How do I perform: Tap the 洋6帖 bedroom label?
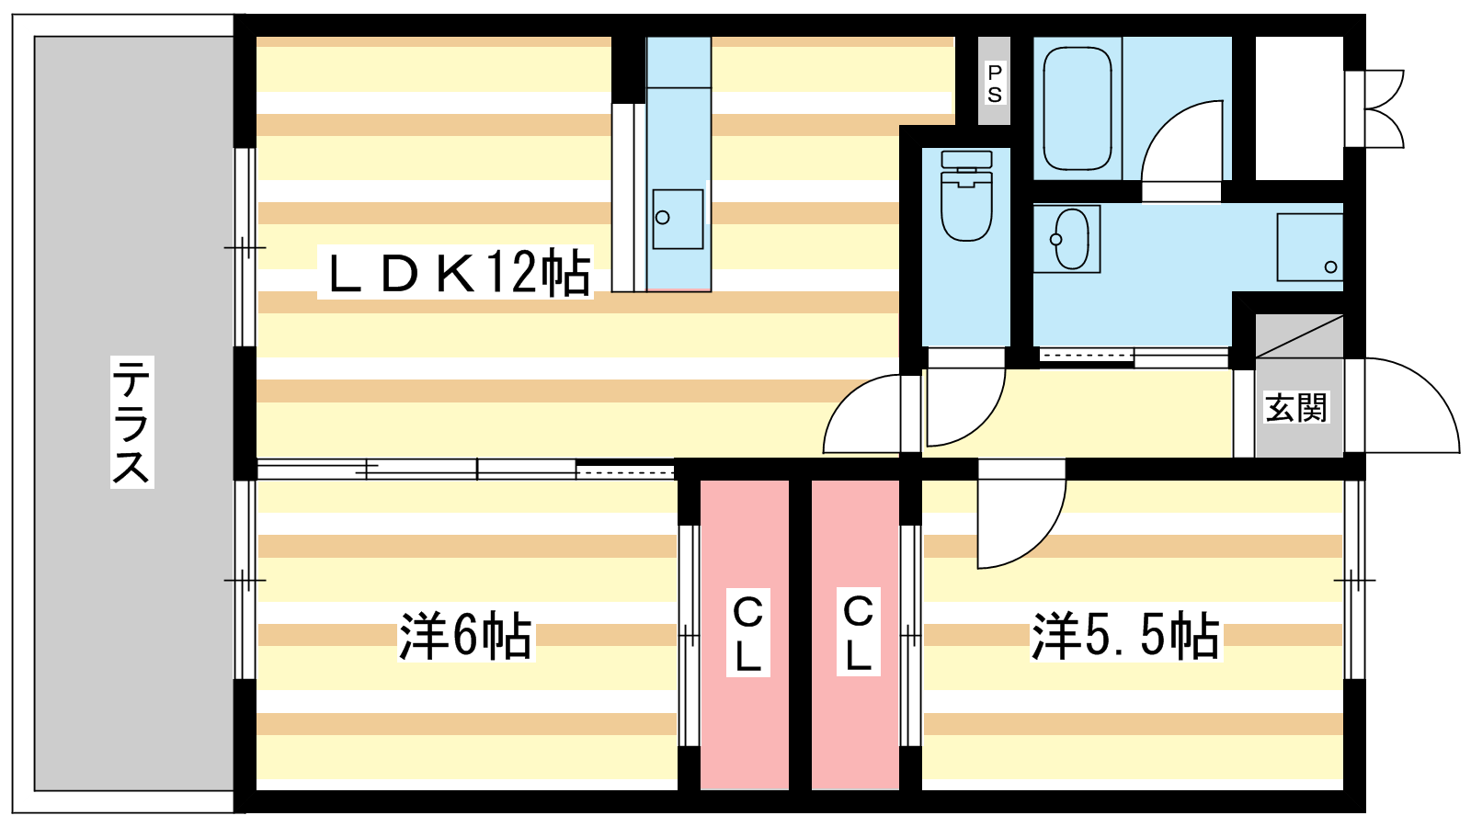[465, 635]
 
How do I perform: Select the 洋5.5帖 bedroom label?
[1124, 635]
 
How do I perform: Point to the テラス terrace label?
[131, 421]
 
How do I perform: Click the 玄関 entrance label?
[1296, 407]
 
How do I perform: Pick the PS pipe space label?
[994, 83]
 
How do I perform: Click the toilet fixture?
[966, 196]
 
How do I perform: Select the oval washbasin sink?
[1071, 239]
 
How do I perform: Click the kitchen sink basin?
[678, 219]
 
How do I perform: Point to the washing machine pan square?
[1310, 247]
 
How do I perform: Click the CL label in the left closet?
[747, 633]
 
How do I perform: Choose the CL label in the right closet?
[857, 633]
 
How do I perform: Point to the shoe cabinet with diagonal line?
[1299, 337]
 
